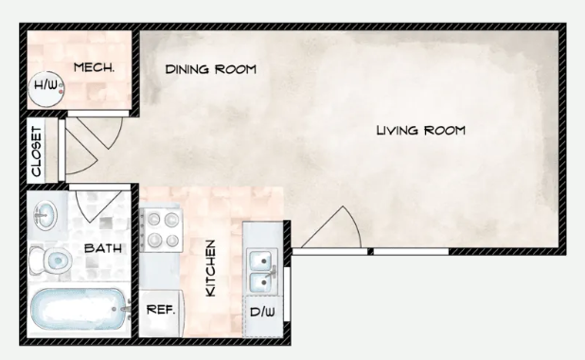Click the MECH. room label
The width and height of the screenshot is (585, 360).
coord(94,67)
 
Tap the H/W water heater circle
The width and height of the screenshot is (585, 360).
coord(46,89)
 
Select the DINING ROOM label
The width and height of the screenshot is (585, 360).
coord(211,69)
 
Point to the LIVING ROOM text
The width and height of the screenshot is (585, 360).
coord(421,131)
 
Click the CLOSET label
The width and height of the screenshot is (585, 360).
coord(37,152)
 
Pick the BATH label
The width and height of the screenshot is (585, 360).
coord(103,248)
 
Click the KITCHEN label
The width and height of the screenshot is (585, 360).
coord(211,268)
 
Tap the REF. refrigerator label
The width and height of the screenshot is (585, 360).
coord(161,310)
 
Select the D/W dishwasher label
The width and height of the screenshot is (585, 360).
coord(262,312)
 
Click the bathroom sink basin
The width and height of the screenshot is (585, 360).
coord(45,215)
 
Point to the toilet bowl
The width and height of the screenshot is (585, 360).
coord(57,260)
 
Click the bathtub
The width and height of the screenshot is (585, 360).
coord(80,309)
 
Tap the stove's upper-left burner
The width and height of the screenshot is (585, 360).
coord(153,219)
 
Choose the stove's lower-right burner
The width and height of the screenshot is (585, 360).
coord(172,241)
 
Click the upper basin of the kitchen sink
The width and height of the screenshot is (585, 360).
coord(260,261)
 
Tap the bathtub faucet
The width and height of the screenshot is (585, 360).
coord(125,309)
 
